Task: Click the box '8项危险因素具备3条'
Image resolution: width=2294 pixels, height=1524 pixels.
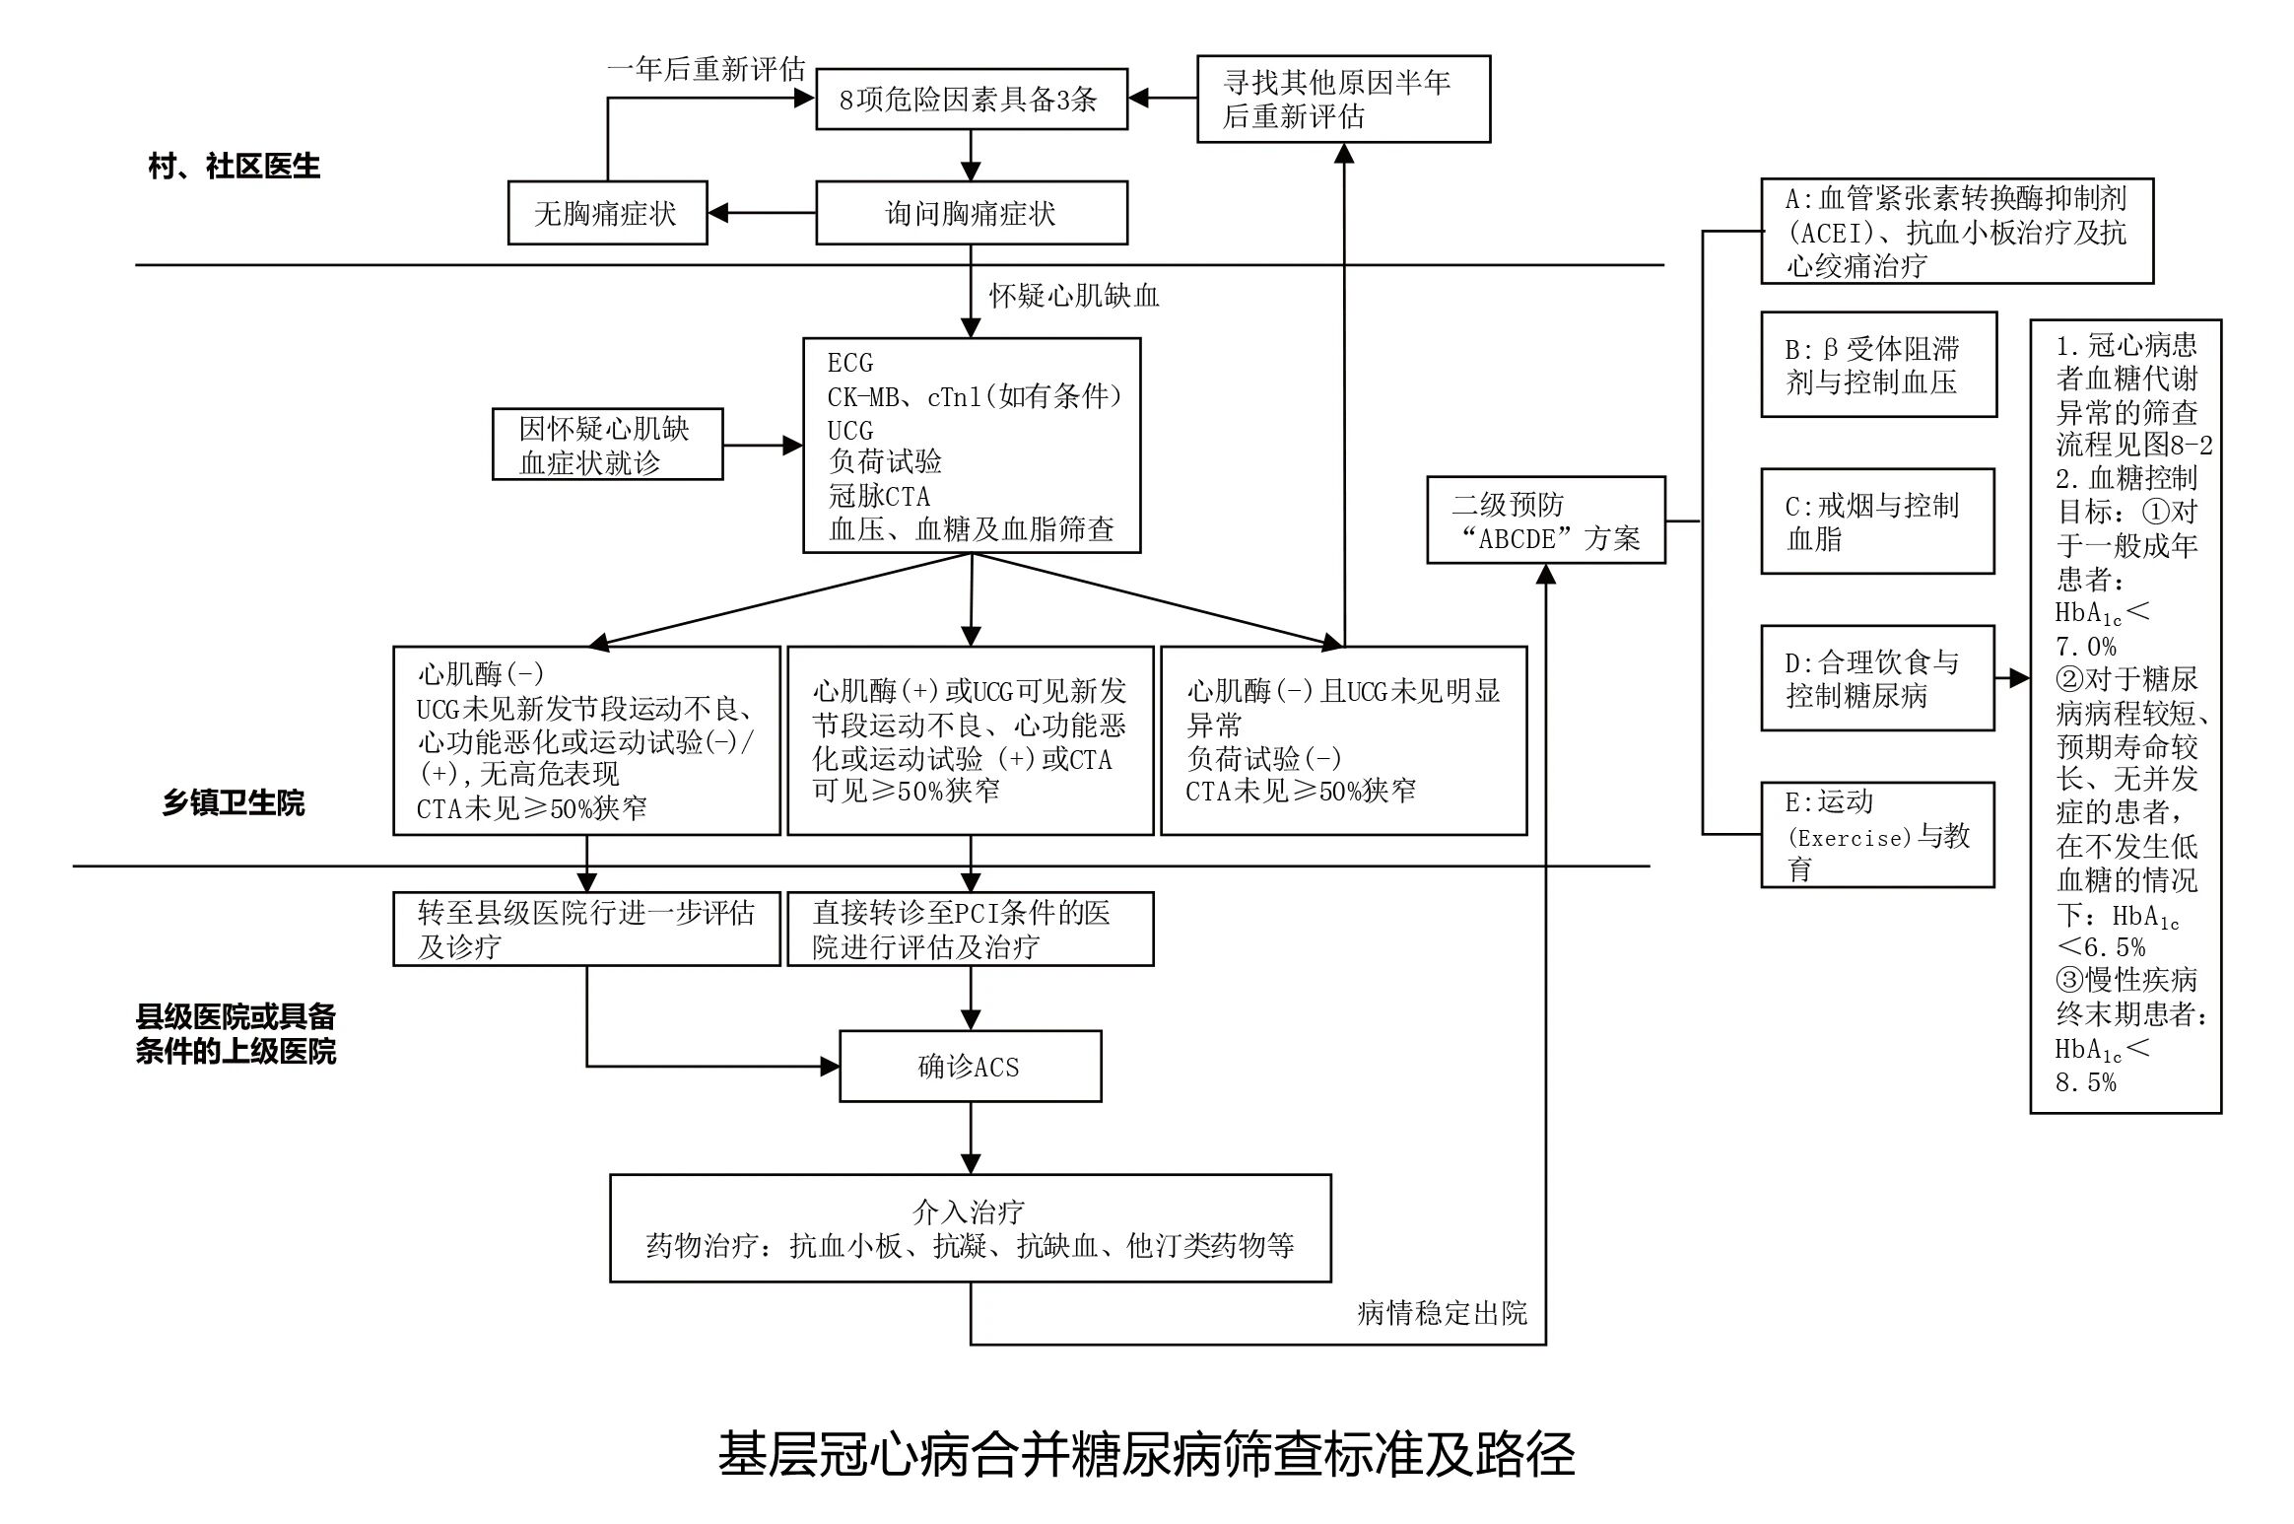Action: tap(971, 99)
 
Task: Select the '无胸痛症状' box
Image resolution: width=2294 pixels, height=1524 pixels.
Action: tap(607, 213)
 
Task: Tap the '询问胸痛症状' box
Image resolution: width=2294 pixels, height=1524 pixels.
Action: tap(971, 213)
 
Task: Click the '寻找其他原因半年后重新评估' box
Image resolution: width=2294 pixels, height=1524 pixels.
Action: tap(1342, 99)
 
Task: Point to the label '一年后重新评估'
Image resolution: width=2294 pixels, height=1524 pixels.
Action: tap(706, 69)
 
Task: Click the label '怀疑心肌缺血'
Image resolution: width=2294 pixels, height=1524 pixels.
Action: tap(1073, 296)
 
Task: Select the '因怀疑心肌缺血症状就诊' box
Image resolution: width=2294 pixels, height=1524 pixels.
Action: tap(607, 445)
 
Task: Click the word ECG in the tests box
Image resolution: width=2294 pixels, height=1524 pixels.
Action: tap(849, 363)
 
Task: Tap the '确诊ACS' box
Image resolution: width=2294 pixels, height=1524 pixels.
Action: tap(970, 1067)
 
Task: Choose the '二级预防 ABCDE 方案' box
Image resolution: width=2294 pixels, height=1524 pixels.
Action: tap(1545, 520)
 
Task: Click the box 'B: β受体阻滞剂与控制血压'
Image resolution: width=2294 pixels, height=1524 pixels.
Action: tap(1877, 365)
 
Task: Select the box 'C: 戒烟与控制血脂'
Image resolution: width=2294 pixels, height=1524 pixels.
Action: tap(1876, 521)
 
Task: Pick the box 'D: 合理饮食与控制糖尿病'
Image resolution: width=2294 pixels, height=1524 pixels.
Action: tap(1876, 678)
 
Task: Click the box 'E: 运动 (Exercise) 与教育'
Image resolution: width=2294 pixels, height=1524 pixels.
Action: tap(1876, 835)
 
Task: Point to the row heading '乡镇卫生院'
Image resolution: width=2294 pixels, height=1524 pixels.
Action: tap(234, 803)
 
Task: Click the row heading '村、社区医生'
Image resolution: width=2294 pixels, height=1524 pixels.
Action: tap(235, 167)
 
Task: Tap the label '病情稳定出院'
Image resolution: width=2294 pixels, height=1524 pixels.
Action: tap(1441, 1313)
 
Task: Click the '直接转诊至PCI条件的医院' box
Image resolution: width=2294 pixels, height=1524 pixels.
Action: tap(970, 929)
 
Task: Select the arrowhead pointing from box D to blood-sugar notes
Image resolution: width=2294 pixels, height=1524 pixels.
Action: tap(2019, 678)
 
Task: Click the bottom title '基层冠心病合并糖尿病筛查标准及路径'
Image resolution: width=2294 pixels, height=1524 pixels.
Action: tap(1146, 1454)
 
